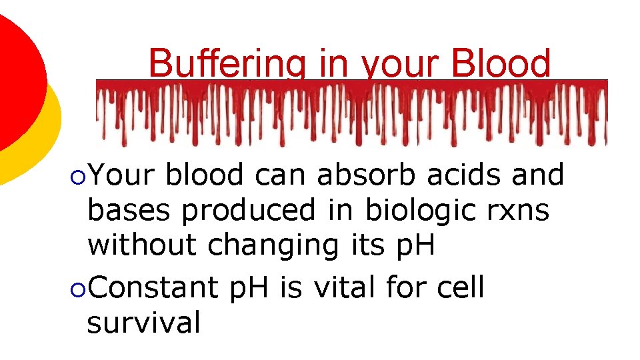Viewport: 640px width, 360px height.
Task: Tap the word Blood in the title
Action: pos(501,64)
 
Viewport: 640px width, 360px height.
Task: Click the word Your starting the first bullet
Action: pos(122,175)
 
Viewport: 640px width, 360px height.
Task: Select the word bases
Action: pos(131,211)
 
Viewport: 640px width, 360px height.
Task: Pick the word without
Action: pos(143,245)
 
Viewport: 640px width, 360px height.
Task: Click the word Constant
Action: pos(154,288)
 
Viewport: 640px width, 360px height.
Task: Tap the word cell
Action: pos(461,288)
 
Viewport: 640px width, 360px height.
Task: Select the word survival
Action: pos(143,323)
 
